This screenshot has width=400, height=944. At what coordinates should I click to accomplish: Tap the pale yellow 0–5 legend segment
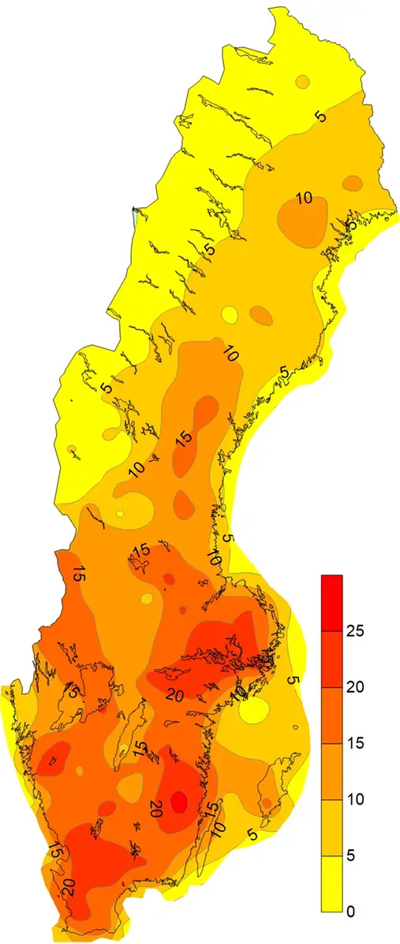[x=331, y=883]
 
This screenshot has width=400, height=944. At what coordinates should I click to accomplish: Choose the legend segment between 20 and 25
[x=331, y=659]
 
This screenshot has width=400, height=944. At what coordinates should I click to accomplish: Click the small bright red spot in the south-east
[x=180, y=801]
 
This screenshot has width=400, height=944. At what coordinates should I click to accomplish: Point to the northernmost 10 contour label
[x=304, y=198]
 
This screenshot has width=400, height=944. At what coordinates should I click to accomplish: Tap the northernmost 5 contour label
[x=320, y=117]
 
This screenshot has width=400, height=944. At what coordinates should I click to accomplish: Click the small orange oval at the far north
[x=300, y=81]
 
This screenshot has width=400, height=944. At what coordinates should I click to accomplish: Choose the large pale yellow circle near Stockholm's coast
[x=254, y=712]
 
